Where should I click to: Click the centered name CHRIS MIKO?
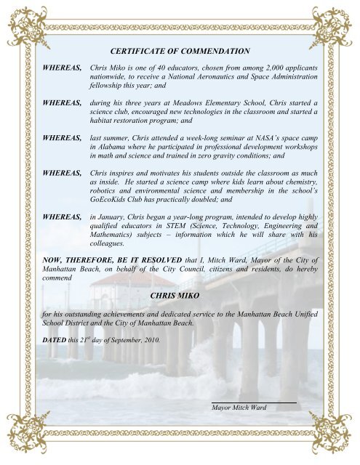[x=180, y=296]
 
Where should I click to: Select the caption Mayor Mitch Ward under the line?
[x=239, y=408]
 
